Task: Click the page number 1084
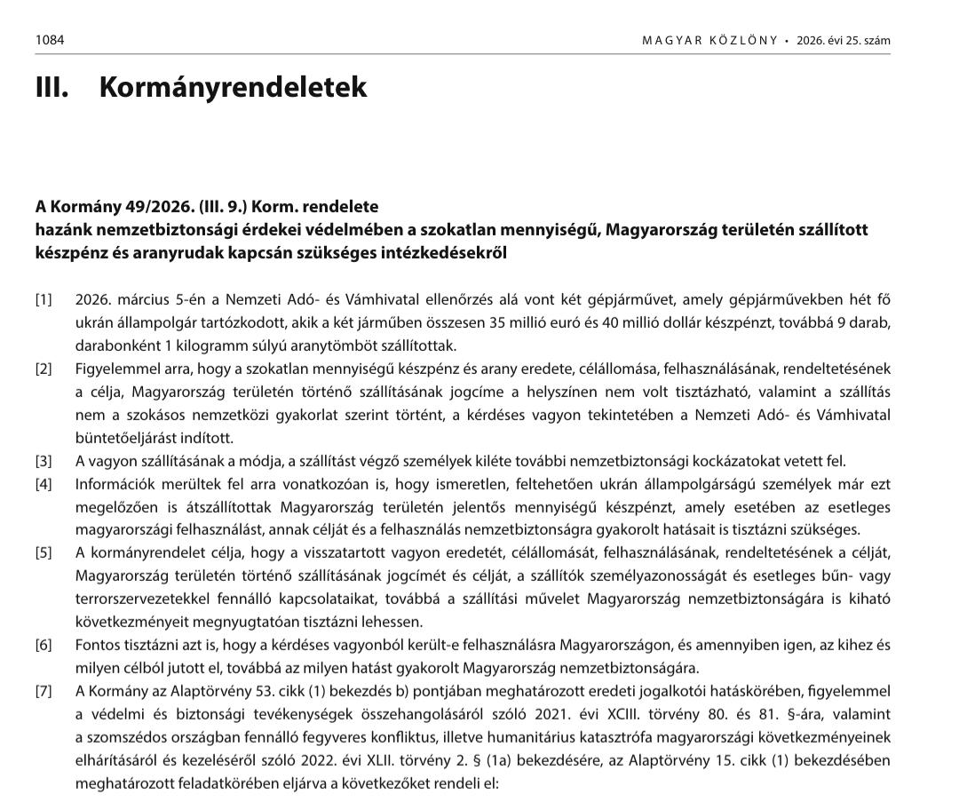click(x=50, y=40)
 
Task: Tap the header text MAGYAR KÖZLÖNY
click(x=709, y=41)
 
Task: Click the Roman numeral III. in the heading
click(x=52, y=87)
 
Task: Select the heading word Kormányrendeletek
click(x=233, y=87)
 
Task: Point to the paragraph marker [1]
click(x=44, y=299)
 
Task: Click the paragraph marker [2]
click(x=44, y=369)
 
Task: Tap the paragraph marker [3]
click(x=44, y=461)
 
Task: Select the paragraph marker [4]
click(x=44, y=484)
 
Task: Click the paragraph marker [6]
click(x=44, y=645)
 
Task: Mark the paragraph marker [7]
click(x=44, y=691)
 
